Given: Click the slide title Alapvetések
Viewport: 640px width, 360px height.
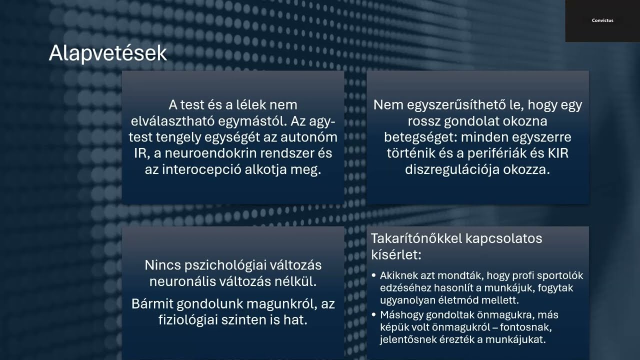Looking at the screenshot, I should click(x=107, y=53).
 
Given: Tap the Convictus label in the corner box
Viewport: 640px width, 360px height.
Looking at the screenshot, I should click(x=602, y=20).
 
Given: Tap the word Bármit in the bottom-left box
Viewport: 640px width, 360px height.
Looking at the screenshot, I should click(x=152, y=304).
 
